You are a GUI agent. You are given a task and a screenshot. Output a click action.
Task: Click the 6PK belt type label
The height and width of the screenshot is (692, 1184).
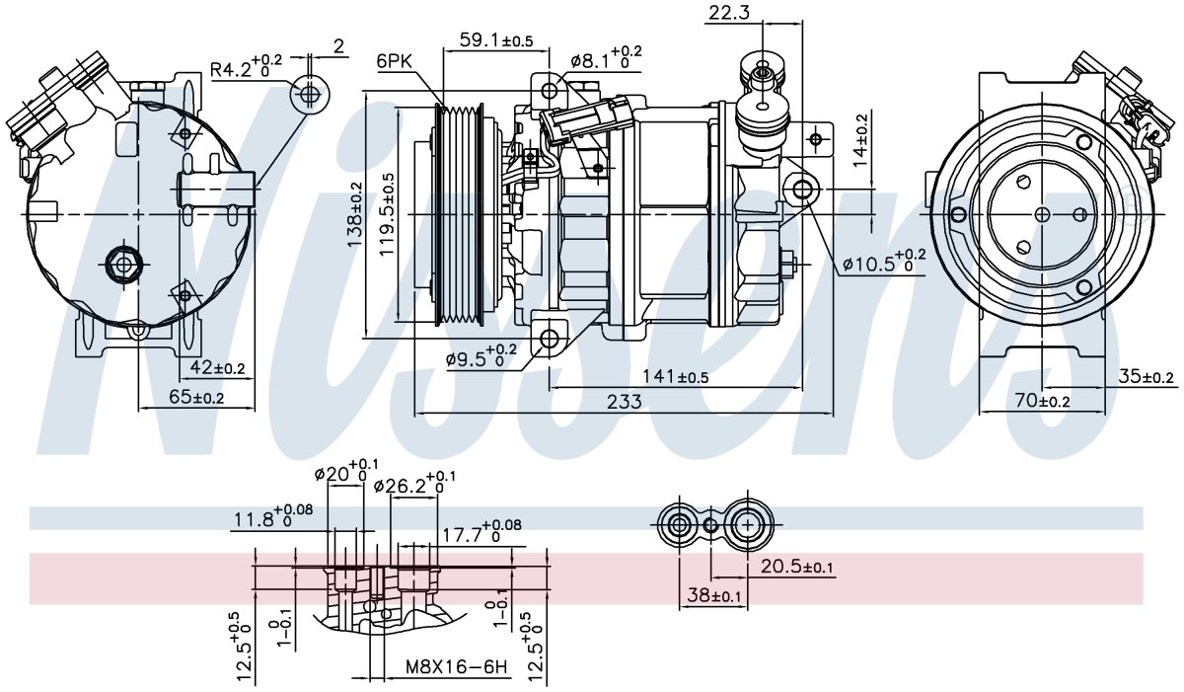tap(394, 61)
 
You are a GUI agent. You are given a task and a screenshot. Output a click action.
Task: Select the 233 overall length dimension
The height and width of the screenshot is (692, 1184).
tap(624, 402)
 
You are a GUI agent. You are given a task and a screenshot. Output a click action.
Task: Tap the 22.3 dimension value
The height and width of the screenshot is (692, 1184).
tap(729, 12)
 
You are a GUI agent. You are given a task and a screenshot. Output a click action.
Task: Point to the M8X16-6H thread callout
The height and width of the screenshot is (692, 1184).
tap(457, 666)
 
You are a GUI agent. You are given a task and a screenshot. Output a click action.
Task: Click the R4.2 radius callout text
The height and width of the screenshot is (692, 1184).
tap(247, 65)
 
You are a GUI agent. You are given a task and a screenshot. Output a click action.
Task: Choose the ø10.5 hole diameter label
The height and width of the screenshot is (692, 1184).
tap(884, 260)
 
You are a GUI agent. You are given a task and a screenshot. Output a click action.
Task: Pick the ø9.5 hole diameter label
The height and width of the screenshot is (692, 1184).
tap(481, 355)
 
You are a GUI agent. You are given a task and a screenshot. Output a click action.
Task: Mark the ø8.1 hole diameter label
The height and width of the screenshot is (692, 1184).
tap(606, 57)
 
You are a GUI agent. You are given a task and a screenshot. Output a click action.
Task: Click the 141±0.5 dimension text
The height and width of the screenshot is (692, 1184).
tap(675, 376)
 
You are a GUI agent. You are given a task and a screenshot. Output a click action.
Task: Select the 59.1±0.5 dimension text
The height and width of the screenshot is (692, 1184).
tap(496, 40)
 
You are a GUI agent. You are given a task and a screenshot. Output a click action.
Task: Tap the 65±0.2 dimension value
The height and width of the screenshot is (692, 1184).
tap(196, 397)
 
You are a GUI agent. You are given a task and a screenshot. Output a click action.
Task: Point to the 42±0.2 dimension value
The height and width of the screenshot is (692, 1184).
tap(217, 367)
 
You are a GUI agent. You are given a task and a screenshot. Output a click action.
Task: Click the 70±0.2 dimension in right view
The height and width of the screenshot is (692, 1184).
tap(1042, 401)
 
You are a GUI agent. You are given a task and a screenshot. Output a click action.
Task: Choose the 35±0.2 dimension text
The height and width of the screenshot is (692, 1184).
tap(1146, 376)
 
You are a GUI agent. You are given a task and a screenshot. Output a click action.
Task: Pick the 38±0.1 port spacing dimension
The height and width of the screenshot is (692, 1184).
tap(714, 595)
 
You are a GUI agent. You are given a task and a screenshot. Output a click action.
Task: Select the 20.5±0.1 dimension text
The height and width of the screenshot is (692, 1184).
tap(796, 567)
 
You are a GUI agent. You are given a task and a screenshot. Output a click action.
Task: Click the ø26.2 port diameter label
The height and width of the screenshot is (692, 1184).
tap(414, 483)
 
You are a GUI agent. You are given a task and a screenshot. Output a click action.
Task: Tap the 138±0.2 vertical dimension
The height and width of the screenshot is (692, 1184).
tap(354, 214)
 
